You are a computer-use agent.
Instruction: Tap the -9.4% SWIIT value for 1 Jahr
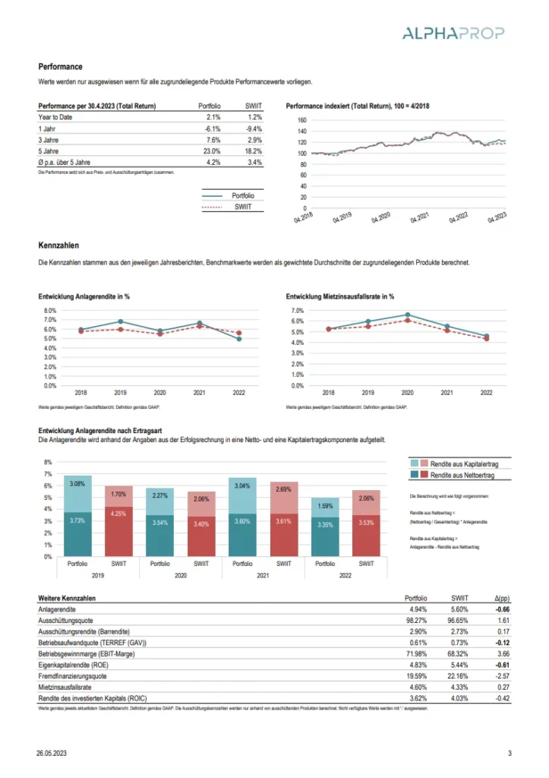click(254, 129)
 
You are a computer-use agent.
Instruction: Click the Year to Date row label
click(56, 118)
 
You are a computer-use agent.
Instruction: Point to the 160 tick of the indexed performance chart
click(301, 120)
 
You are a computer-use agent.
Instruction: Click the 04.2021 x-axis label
click(419, 218)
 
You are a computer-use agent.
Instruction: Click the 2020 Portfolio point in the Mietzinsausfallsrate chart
click(408, 315)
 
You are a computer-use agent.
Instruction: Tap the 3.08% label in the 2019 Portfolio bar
click(77, 483)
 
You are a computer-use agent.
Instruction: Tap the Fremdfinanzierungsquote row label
click(72, 675)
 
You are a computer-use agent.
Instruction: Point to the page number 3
click(510, 753)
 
